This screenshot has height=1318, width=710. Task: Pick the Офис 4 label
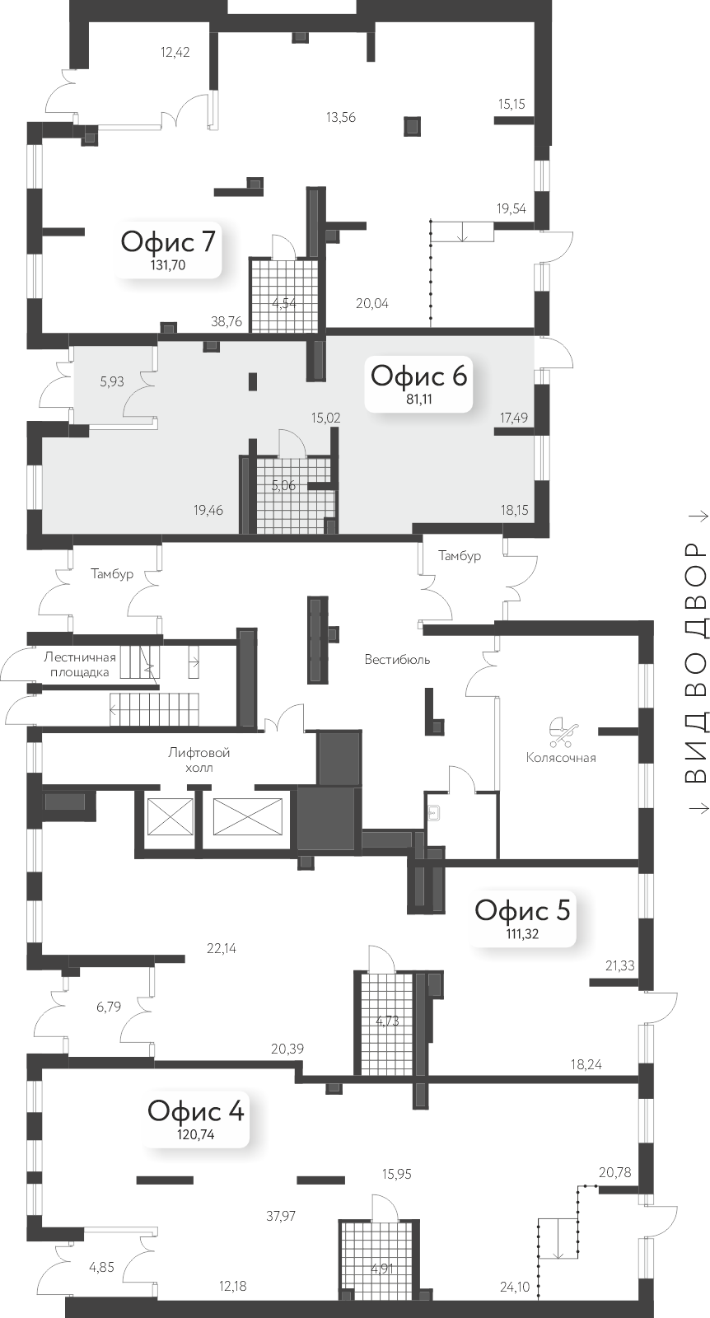coord(196,1110)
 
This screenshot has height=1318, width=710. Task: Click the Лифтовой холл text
coord(199,759)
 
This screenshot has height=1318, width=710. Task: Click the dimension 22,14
coord(222,948)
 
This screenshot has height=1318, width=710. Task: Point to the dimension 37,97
coord(281,1215)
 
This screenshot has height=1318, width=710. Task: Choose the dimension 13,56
coord(340,117)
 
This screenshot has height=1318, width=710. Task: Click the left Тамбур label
coord(112,574)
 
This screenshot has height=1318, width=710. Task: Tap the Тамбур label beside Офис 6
coord(459,556)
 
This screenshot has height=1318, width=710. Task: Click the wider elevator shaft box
coord(247,817)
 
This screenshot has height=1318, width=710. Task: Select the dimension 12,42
coord(175,53)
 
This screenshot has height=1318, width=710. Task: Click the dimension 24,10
coord(515,1286)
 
